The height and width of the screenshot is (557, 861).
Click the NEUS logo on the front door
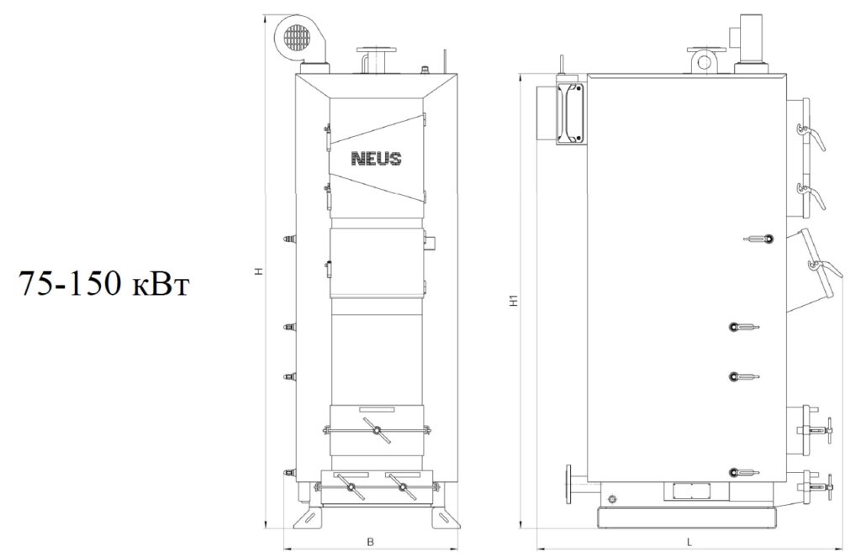coord(376,159)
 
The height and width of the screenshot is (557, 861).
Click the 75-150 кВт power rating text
coord(104,284)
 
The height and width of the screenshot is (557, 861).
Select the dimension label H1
coord(513,301)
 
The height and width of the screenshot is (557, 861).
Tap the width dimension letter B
coord(371,542)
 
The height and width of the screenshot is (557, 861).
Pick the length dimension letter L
coord(689,542)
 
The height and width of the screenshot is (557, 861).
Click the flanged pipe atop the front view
coord(377,60)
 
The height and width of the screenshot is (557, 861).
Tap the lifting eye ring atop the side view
coord(705,62)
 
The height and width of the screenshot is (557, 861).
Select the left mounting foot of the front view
coord(309,517)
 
